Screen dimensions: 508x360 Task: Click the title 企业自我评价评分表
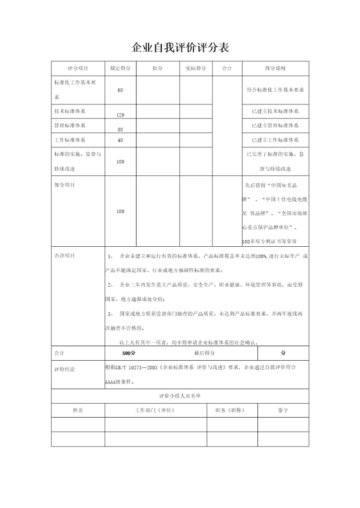[x=180, y=47]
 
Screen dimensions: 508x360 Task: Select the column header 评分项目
[x=77, y=68]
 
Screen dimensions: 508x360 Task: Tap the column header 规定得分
[x=120, y=68]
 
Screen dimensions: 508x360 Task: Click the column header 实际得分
[x=195, y=68]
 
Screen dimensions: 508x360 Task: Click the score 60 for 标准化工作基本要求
[x=120, y=90]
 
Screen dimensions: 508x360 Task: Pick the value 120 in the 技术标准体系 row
[x=120, y=115]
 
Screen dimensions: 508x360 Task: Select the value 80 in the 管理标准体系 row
[x=120, y=129]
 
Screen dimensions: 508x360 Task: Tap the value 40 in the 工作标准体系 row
[x=120, y=140]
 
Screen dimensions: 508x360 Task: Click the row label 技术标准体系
[x=69, y=111]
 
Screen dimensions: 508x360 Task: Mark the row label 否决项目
[x=64, y=256]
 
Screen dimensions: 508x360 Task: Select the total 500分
[x=129, y=353]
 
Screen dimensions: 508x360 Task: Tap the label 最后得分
[x=204, y=353]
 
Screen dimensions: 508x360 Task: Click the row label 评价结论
[x=64, y=370]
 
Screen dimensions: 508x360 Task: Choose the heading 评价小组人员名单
[x=180, y=396]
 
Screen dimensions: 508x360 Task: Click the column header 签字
[x=283, y=410]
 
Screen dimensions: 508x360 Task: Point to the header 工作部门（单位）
[x=155, y=410]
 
